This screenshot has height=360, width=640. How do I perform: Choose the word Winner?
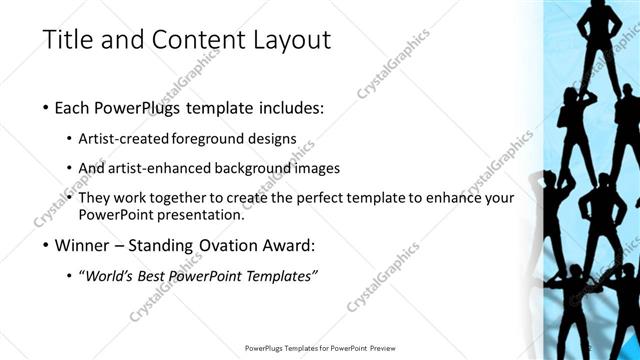coord(85,244)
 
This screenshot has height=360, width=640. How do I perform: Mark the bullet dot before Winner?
coord(47,245)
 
